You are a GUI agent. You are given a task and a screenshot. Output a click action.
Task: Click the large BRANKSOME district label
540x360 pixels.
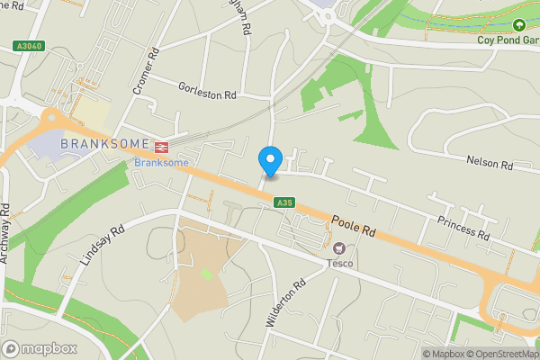[103, 145]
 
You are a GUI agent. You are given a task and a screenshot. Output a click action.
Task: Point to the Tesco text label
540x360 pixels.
[339, 263]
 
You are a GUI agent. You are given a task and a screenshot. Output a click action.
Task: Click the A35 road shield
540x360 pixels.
[284, 203]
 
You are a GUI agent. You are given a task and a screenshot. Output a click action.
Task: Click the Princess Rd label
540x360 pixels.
[463, 228]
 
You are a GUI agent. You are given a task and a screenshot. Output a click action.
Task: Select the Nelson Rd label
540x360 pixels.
[489, 165]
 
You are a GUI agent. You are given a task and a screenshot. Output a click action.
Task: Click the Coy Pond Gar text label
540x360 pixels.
[508, 39]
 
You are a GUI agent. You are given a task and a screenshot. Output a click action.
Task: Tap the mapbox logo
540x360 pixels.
[40, 348]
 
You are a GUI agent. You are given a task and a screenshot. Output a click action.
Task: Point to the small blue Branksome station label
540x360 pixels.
[161, 162]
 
